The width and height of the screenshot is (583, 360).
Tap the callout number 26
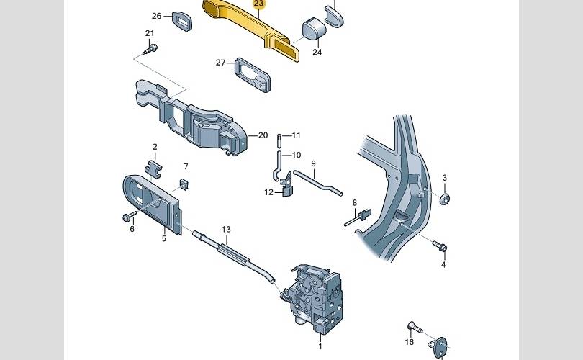coord(157,15)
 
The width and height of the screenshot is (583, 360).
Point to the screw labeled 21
coord(153,49)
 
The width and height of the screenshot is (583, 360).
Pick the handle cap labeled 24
coord(312,30)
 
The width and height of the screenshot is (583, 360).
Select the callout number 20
coord(263,135)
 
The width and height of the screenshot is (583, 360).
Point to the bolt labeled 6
coord(129,216)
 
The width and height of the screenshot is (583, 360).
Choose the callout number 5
coord(163,238)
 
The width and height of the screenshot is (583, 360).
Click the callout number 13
coord(226,230)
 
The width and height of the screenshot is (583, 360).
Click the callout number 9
coord(314,164)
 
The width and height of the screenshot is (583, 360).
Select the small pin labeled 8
coord(357,217)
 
